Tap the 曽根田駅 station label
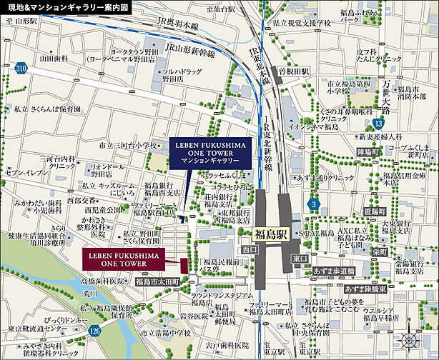294,72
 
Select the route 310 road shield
21,69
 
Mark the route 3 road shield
315,205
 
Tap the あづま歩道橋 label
333,271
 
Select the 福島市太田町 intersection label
157,282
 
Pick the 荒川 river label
89,293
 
